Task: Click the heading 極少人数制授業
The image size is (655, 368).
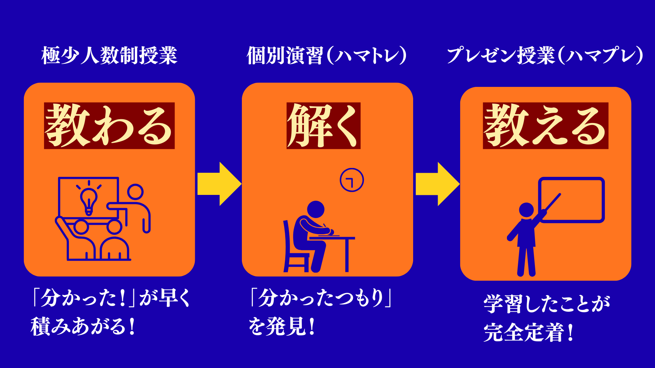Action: [109, 56]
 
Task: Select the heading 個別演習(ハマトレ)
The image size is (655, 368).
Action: [326, 56]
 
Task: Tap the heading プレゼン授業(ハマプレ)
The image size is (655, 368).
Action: [545, 56]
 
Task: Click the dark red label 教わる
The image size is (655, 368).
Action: [109, 125]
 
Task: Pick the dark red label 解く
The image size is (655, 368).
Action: [323, 125]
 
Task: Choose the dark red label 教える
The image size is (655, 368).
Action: [545, 125]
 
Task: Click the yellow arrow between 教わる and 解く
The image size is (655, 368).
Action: [219, 184]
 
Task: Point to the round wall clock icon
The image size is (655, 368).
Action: [352, 180]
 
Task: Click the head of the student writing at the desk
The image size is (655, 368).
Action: [316, 209]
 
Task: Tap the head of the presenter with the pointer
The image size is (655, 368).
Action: [526, 210]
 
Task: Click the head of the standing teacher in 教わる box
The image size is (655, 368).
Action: [135, 192]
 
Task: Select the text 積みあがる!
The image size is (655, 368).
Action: [83, 326]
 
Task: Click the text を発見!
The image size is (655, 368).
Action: [281, 326]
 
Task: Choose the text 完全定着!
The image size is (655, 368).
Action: [528, 333]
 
